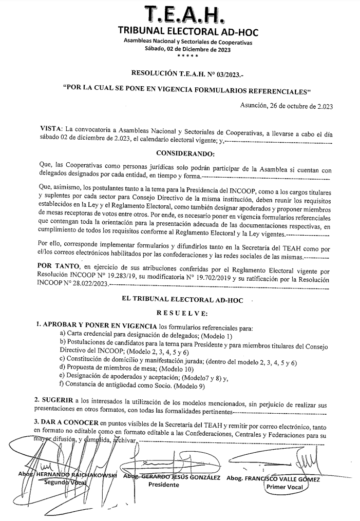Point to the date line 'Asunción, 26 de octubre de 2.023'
287,106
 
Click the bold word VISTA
51,128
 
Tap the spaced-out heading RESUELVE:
184,313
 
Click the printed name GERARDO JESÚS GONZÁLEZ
179,477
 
